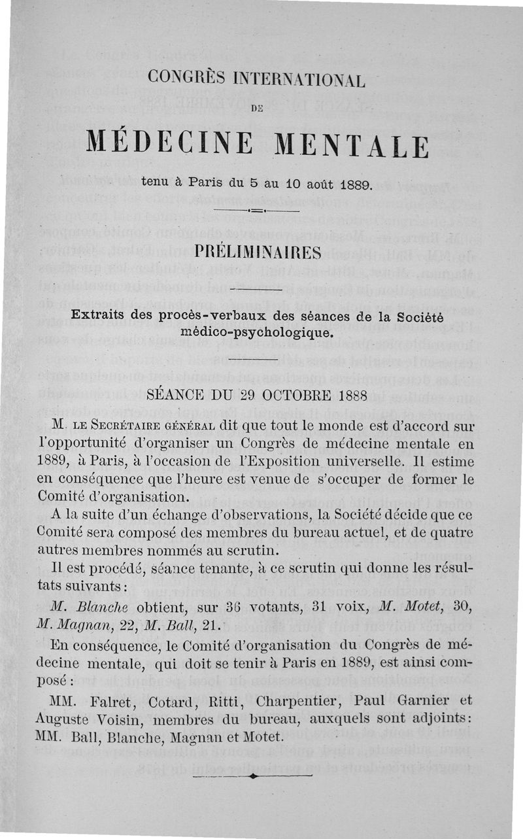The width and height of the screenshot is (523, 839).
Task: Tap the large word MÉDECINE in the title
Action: point(169,144)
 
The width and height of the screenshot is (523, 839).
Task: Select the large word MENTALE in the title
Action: point(350,144)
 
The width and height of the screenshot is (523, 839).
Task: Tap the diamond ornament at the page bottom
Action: point(252,776)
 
